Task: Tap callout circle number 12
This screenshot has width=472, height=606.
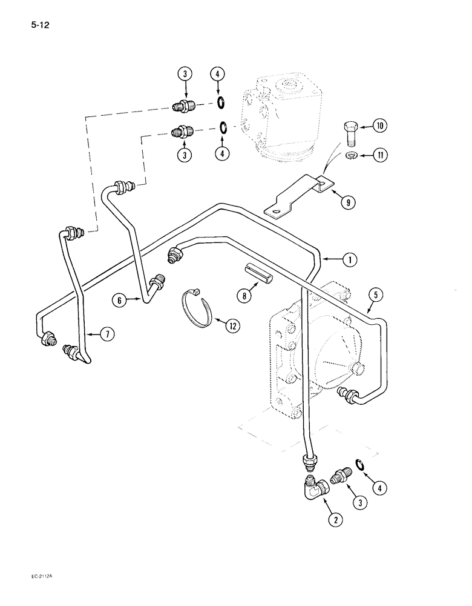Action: pos(232,326)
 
